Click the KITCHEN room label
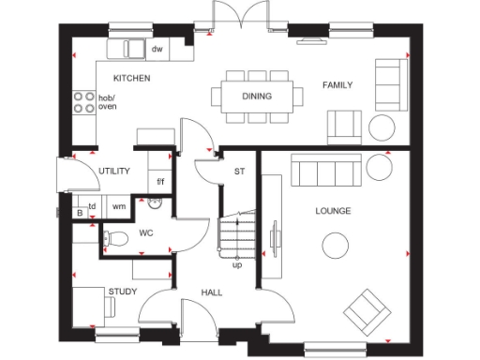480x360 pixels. tap(131, 78)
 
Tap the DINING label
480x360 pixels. tap(256, 96)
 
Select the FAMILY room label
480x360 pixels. tap(337, 85)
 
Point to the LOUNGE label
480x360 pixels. tap(333, 211)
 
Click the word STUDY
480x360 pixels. tap(123, 292)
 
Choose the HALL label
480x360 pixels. tap(212, 293)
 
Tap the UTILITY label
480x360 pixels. tap(114, 171)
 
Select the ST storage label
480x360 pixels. tap(239, 172)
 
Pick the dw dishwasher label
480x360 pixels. tap(157, 49)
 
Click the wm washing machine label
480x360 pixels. tap(119, 206)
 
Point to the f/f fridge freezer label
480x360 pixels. tap(160, 182)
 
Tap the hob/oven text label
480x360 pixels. tap(108, 102)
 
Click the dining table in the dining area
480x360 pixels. tap(258, 95)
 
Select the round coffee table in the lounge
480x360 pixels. tap(335, 247)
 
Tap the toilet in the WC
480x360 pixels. tap(114, 239)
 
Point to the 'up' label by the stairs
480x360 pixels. tap(237, 264)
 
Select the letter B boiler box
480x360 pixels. tap(80, 214)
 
